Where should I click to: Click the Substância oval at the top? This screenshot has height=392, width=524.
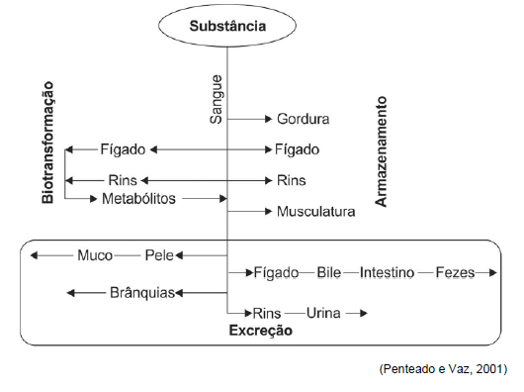coord(226,27)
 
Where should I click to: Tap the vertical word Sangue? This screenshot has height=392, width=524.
coord(217,97)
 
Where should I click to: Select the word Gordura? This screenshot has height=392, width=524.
coord(303,119)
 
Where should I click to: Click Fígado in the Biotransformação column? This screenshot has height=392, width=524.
coord(123,149)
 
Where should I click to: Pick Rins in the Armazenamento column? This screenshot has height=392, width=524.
coord(291,180)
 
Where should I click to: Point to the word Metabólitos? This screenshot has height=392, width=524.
coord(138,198)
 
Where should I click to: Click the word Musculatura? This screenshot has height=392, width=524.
coord(316,211)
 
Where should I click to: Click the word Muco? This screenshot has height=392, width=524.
coord(96,254)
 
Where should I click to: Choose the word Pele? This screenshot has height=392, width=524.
coord(158,254)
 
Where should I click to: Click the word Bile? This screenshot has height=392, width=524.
coord(328,271)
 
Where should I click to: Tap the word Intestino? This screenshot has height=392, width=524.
coord(387,271)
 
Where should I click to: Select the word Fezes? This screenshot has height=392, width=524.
coord(455,271)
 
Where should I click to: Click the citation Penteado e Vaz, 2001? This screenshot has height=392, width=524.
coord(442,368)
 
